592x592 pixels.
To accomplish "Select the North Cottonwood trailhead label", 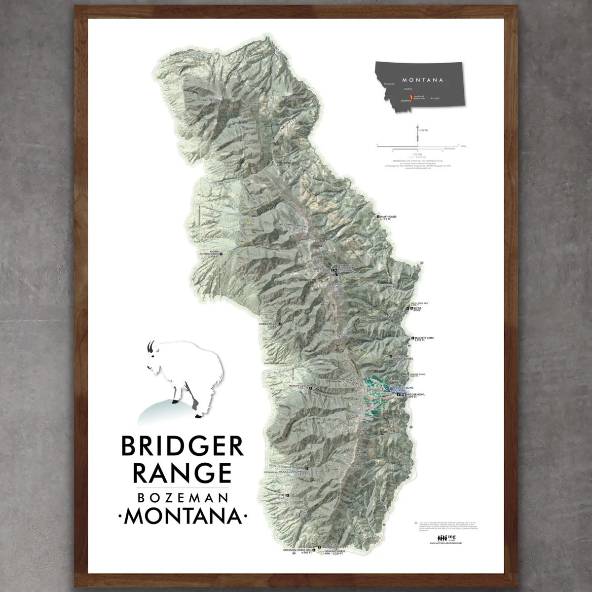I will pos(205,255).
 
